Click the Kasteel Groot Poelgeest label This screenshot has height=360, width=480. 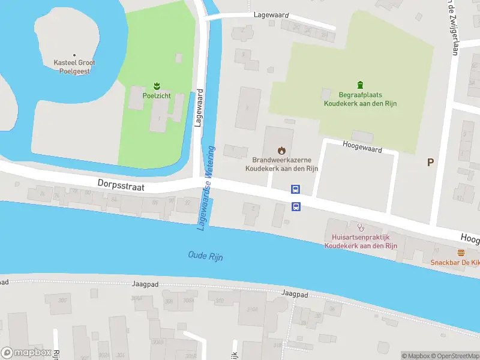pyautogui.click(x=74, y=66)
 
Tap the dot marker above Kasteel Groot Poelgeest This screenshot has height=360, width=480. pyautogui.click(x=74, y=55)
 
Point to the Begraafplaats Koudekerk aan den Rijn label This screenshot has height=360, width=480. pyautogui.click(x=360, y=99)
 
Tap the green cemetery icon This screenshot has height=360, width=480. pyautogui.click(x=360, y=84)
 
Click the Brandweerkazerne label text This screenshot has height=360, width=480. pyautogui.click(x=281, y=164)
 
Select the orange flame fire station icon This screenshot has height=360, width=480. pyautogui.click(x=281, y=150)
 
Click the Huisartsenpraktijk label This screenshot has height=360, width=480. pyautogui.click(x=361, y=241)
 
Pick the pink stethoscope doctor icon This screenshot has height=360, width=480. pyautogui.click(x=361, y=227)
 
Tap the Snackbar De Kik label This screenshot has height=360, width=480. pyautogui.click(x=455, y=263)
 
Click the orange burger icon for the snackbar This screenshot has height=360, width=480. pyautogui.click(x=461, y=253)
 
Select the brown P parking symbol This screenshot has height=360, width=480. pyautogui.click(x=430, y=162)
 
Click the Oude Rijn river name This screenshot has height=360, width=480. pyautogui.click(x=205, y=256)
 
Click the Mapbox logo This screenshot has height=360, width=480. pyautogui.click(x=26, y=353)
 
